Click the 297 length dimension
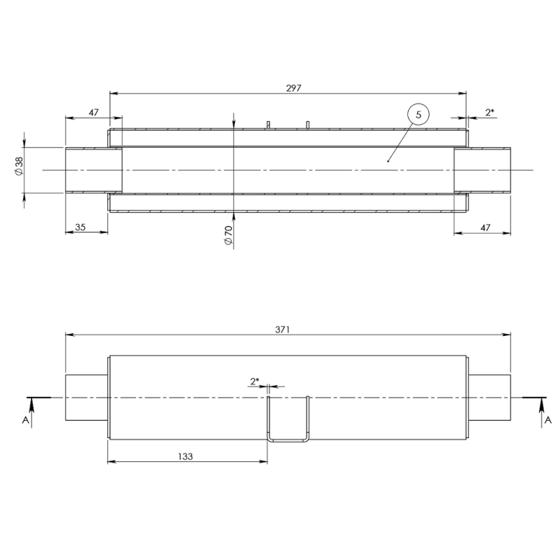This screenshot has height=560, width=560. point(294,87)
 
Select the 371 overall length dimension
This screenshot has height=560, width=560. point(283,328)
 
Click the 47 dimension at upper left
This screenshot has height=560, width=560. point(92,112)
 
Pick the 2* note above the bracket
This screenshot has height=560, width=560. point(255,381)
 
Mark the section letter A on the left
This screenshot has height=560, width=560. point(26,419)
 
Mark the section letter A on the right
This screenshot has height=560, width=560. point(548,419)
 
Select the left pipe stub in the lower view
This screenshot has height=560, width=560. point(85,398)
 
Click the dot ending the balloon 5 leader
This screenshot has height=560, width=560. point(388,160)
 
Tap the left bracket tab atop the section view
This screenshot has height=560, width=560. point(267,125)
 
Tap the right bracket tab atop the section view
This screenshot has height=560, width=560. point(307,125)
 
